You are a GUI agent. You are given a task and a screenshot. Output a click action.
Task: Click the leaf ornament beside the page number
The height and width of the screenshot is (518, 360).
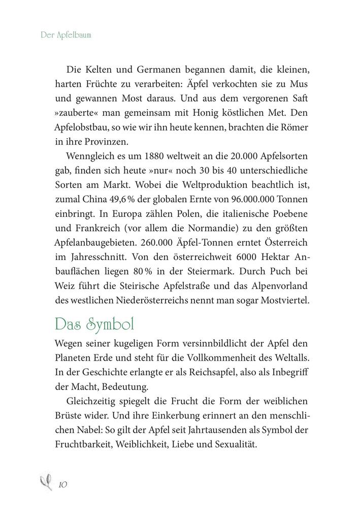pos(46,482)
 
